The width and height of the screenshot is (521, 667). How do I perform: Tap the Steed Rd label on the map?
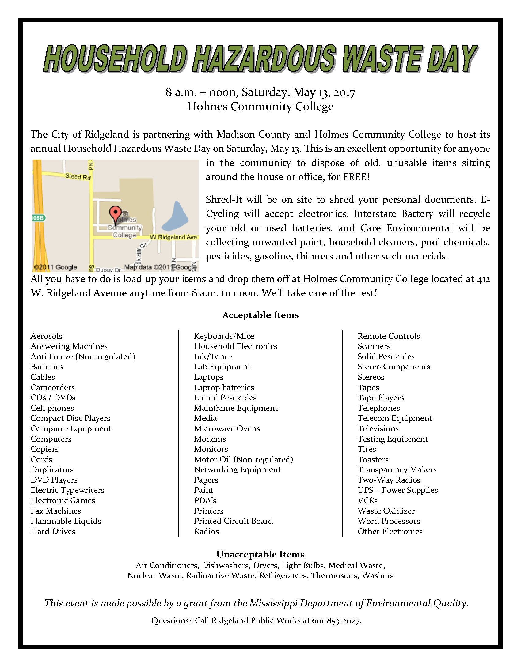coord(78,176)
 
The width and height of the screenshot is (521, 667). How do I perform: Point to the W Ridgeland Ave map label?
coord(173,237)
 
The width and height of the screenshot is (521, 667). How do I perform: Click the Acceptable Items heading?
coord(260,315)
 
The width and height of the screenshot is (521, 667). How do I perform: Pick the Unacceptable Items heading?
coord(260,554)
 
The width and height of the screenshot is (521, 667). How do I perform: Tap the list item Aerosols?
coord(47,336)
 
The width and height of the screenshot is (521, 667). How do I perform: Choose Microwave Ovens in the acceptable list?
coord(227,428)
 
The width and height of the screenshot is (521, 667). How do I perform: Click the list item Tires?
coord(367,449)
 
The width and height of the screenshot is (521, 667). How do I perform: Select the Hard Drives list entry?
coord(53,531)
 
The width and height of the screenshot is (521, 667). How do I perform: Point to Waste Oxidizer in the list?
coord(386,511)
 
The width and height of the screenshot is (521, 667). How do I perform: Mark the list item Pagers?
coord(206,480)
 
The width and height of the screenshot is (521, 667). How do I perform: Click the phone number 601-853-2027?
coord(336,620)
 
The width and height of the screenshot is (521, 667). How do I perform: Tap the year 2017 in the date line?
coord(344,92)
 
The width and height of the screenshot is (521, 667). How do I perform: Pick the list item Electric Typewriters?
coord(67,490)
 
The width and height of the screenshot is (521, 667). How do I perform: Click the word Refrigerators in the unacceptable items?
coord(283,575)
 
